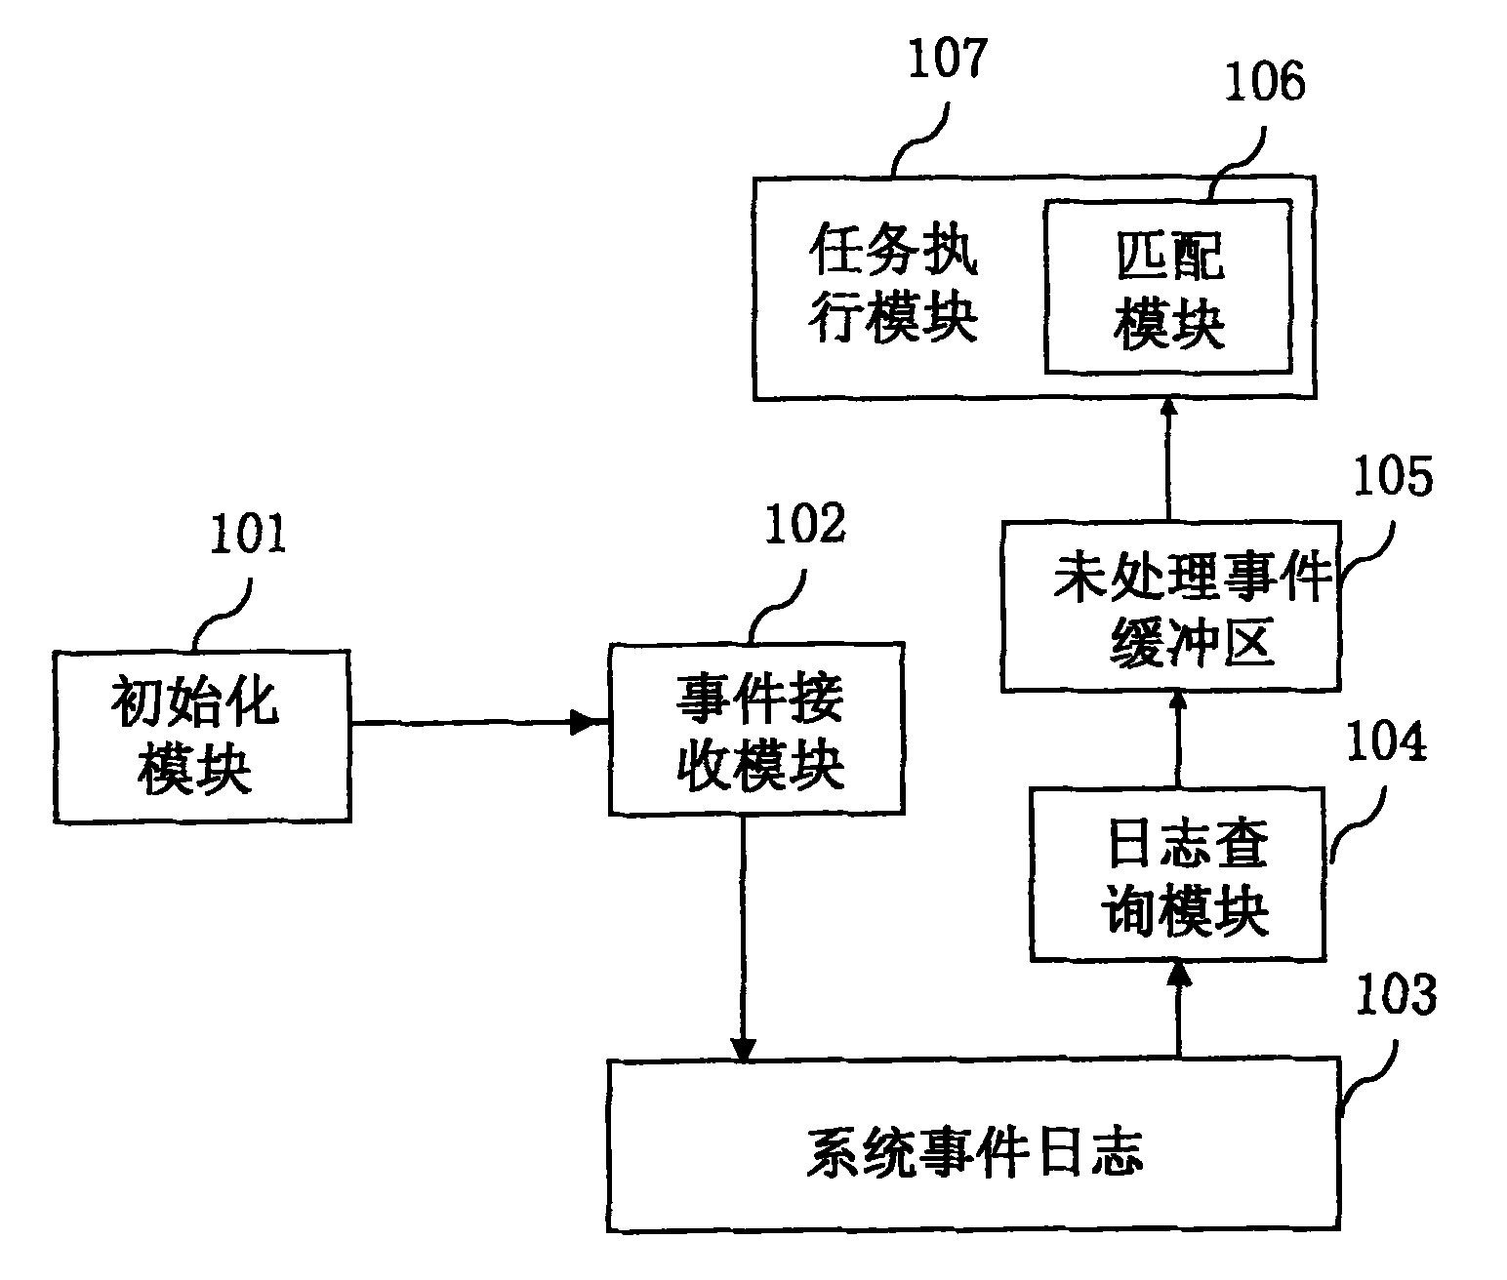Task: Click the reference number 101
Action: pos(249,537)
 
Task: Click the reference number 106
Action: pos(1263,82)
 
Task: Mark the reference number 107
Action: pos(947,60)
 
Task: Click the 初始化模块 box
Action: pos(202,737)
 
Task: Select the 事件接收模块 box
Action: pos(756,730)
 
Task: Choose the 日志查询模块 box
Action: pos(1178,874)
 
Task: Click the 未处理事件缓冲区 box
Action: pos(1171,607)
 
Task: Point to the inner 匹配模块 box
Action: pos(1168,287)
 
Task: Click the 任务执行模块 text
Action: pos(893,287)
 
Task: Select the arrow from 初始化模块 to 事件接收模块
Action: pos(478,724)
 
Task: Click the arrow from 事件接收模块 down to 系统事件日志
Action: pos(744,937)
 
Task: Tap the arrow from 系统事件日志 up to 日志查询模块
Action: pos(1178,1009)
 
